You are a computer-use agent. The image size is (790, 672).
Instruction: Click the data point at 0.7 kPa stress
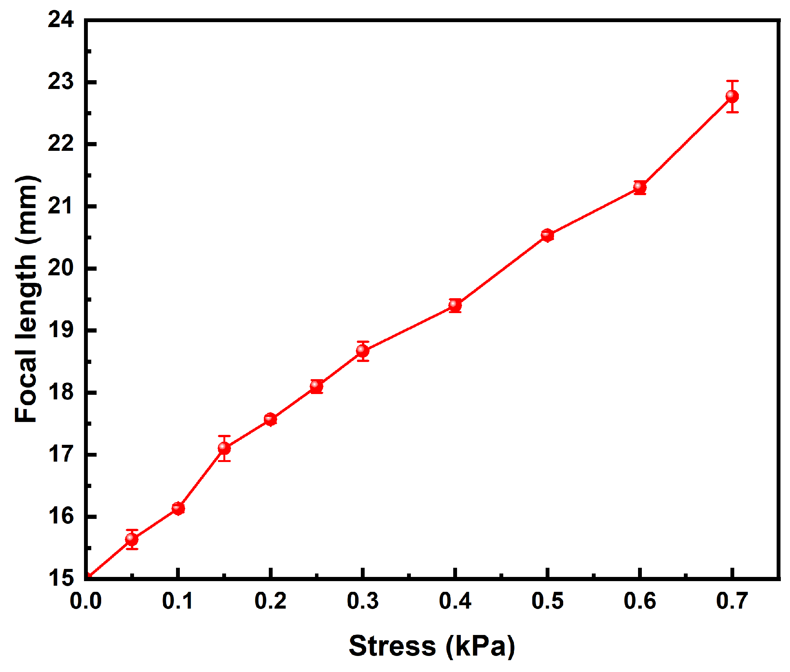click(732, 96)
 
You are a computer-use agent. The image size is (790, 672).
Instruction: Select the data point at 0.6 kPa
click(640, 187)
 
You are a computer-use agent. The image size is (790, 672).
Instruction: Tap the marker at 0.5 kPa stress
click(547, 235)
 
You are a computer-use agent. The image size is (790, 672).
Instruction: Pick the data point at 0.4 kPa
click(455, 305)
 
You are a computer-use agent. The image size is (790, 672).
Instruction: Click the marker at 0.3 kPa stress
click(362, 351)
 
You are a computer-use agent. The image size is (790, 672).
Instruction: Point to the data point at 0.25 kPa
click(316, 386)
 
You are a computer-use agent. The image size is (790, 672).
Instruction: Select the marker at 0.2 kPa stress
click(270, 419)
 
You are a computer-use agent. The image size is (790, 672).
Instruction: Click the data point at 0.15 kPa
click(224, 448)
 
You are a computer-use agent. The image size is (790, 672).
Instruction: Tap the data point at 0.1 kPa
click(178, 508)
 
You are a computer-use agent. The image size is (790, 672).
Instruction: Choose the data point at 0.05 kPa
click(132, 539)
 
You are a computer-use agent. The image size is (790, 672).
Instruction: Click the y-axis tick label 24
click(61, 19)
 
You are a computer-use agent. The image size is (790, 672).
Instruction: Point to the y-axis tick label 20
click(61, 268)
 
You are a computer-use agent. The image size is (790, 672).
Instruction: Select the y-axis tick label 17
click(61, 454)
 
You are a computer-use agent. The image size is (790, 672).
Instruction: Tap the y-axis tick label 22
click(61, 144)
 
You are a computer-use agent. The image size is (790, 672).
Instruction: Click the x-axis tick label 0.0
click(86, 601)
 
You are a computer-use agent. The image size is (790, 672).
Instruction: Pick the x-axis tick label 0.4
click(455, 601)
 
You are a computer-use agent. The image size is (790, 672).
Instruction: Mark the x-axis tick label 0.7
click(732, 601)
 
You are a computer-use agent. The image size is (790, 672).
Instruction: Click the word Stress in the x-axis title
click(392, 646)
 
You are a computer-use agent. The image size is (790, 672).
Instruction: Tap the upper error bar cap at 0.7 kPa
click(732, 81)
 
